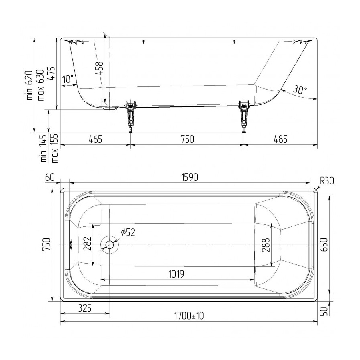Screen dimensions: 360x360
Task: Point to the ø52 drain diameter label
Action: pyautogui.click(x=128, y=232)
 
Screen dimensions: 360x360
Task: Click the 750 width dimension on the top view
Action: pyautogui.click(x=46, y=244)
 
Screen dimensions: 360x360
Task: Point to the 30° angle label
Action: pyautogui.click(x=300, y=90)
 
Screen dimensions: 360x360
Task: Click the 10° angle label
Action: pyautogui.click(x=68, y=79)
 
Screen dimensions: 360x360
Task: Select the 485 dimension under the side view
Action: pyautogui.click(x=280, y=139)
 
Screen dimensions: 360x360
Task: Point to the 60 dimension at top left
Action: pyautogui.click(x=50, y=178)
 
